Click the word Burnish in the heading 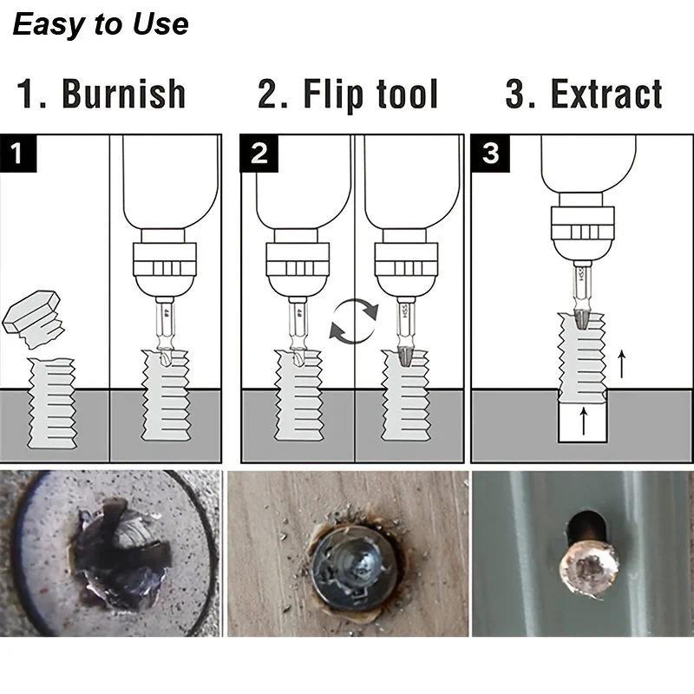[x=123, y=95]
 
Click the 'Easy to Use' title [x=101, y=24]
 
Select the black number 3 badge [x=490, y=154]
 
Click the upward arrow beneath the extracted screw [x=583, y=423]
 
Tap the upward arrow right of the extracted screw [x=621, y=364]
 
